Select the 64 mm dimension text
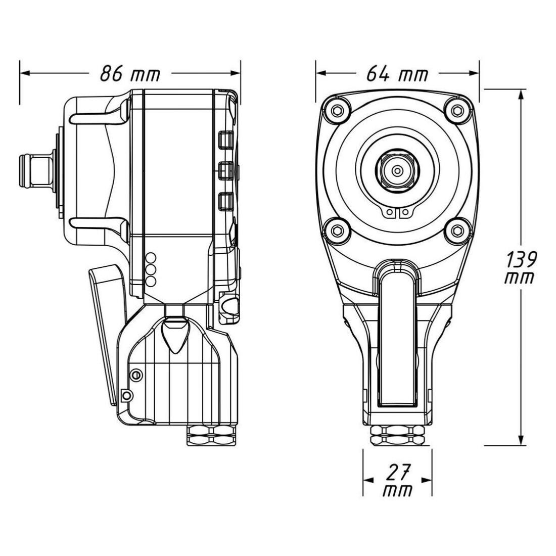tap(397, 74)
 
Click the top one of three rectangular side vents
tap(225, 140)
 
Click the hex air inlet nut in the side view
tap(211, 435)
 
